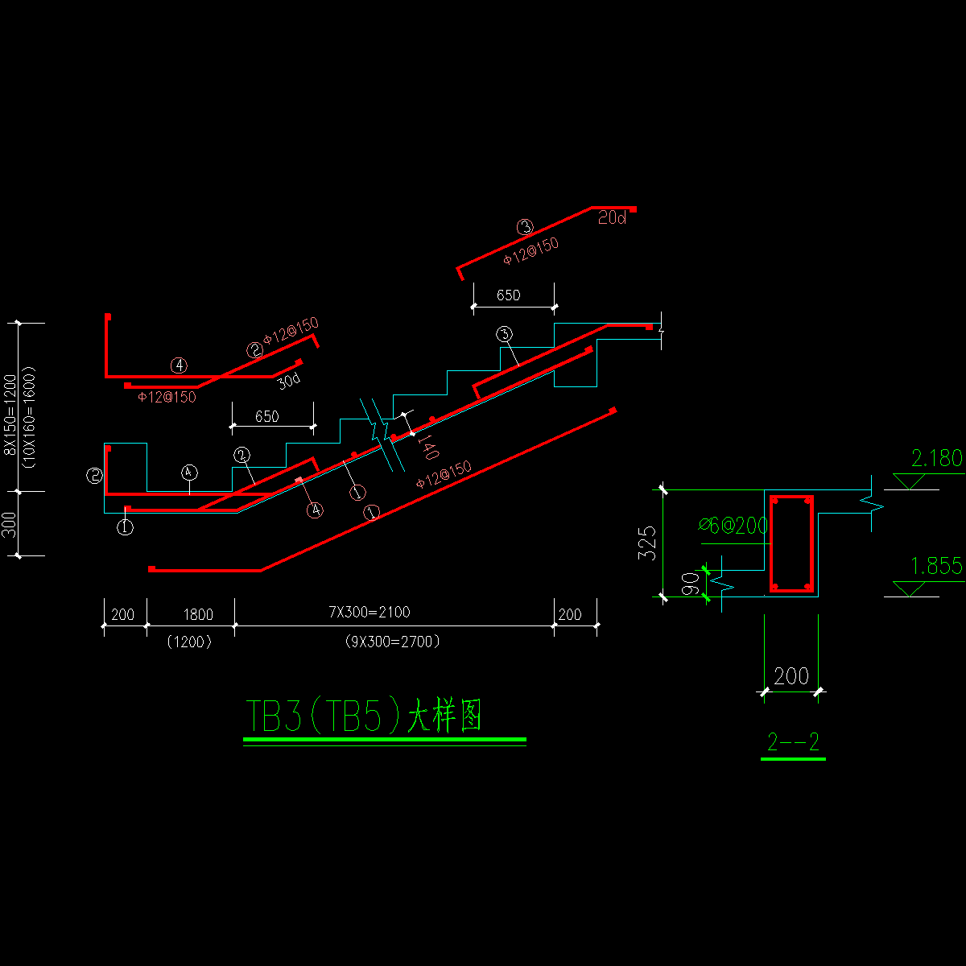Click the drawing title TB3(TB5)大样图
363,716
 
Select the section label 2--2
793,742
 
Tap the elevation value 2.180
936,459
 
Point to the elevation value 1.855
936,567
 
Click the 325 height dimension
648,543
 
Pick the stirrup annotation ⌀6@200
733,525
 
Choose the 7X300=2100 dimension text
369,613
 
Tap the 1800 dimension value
198,615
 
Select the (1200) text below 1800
189,642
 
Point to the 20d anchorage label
612,218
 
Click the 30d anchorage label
288,382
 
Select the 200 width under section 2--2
791,676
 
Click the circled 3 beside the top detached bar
525,227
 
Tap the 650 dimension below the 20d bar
508,295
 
